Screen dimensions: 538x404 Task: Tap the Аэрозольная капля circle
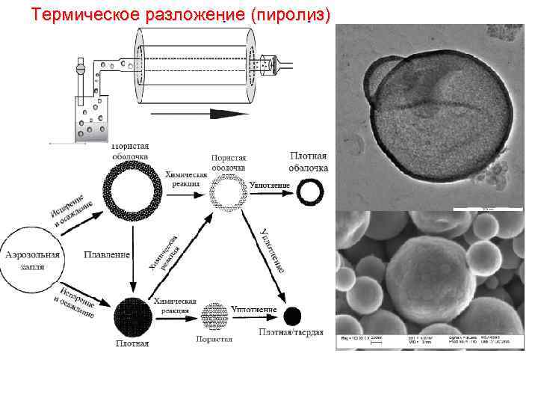click(x=34, y=258)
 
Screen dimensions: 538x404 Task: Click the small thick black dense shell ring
click(x=310, y=192)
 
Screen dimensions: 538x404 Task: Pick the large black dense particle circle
click(x=132, y=316)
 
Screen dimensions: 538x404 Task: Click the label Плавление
click(x=107, y=254)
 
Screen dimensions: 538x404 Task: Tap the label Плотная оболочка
click(x=309, y=162)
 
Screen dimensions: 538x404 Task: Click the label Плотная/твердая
click(x=291, y=331)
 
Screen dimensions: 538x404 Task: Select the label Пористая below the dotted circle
click(x=214, y=339)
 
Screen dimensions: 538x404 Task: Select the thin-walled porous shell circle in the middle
click(x=227, y=193)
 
